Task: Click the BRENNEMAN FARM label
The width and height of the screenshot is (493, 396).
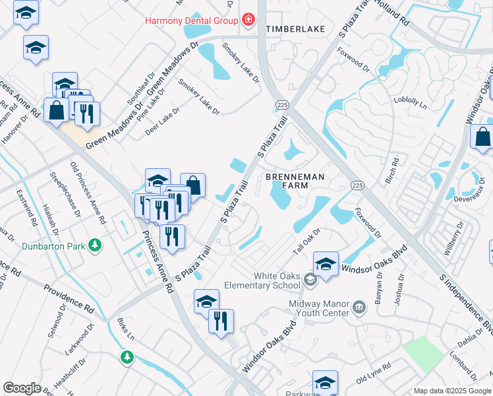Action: point(287,181)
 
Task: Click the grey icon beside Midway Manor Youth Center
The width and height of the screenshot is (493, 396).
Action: point(359,306)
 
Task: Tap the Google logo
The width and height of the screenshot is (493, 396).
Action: point(22,388)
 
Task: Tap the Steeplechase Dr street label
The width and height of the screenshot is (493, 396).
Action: point(66,195)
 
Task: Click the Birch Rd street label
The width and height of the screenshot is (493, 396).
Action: point(395,170)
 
